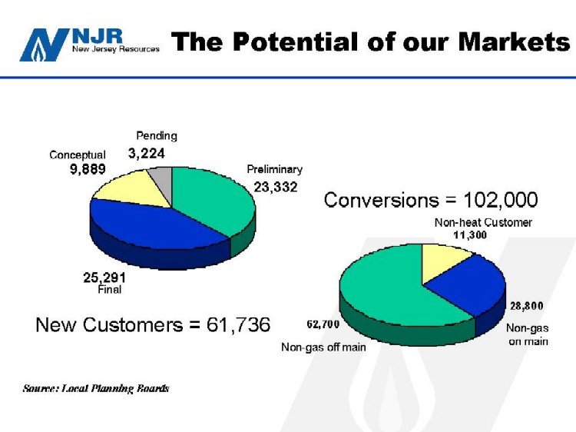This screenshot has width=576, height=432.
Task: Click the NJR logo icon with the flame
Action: pos(44,45)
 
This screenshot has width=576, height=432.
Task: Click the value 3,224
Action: pos(146,153)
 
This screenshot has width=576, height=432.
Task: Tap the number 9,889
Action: pos(88,169)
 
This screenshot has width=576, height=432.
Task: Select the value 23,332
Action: pos(276,187)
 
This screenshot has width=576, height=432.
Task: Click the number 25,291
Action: pos(104,277)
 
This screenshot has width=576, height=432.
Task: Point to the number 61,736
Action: pos(238,324)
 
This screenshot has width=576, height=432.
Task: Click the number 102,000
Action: pos(500,200)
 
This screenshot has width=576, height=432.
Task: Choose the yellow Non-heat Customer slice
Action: pos(442,262)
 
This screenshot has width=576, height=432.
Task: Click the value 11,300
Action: pos(470,235)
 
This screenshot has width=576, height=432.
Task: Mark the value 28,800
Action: pos(526,305)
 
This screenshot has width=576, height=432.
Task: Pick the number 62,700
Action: pos(323,324)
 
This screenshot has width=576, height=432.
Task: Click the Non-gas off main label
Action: pos(323,347)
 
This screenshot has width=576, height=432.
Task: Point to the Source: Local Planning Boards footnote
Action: pos(96,388)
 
